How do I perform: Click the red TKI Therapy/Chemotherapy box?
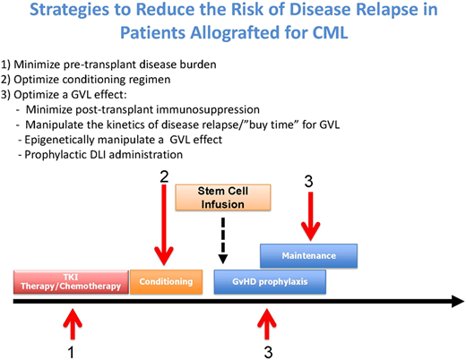click(x=71, y=281)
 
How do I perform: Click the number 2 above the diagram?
click(x=164, y=176)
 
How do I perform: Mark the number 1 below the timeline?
click(x=71, y=349)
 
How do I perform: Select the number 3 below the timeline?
click(x=267, y=349)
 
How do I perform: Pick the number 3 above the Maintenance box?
click(x=309, y=184)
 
